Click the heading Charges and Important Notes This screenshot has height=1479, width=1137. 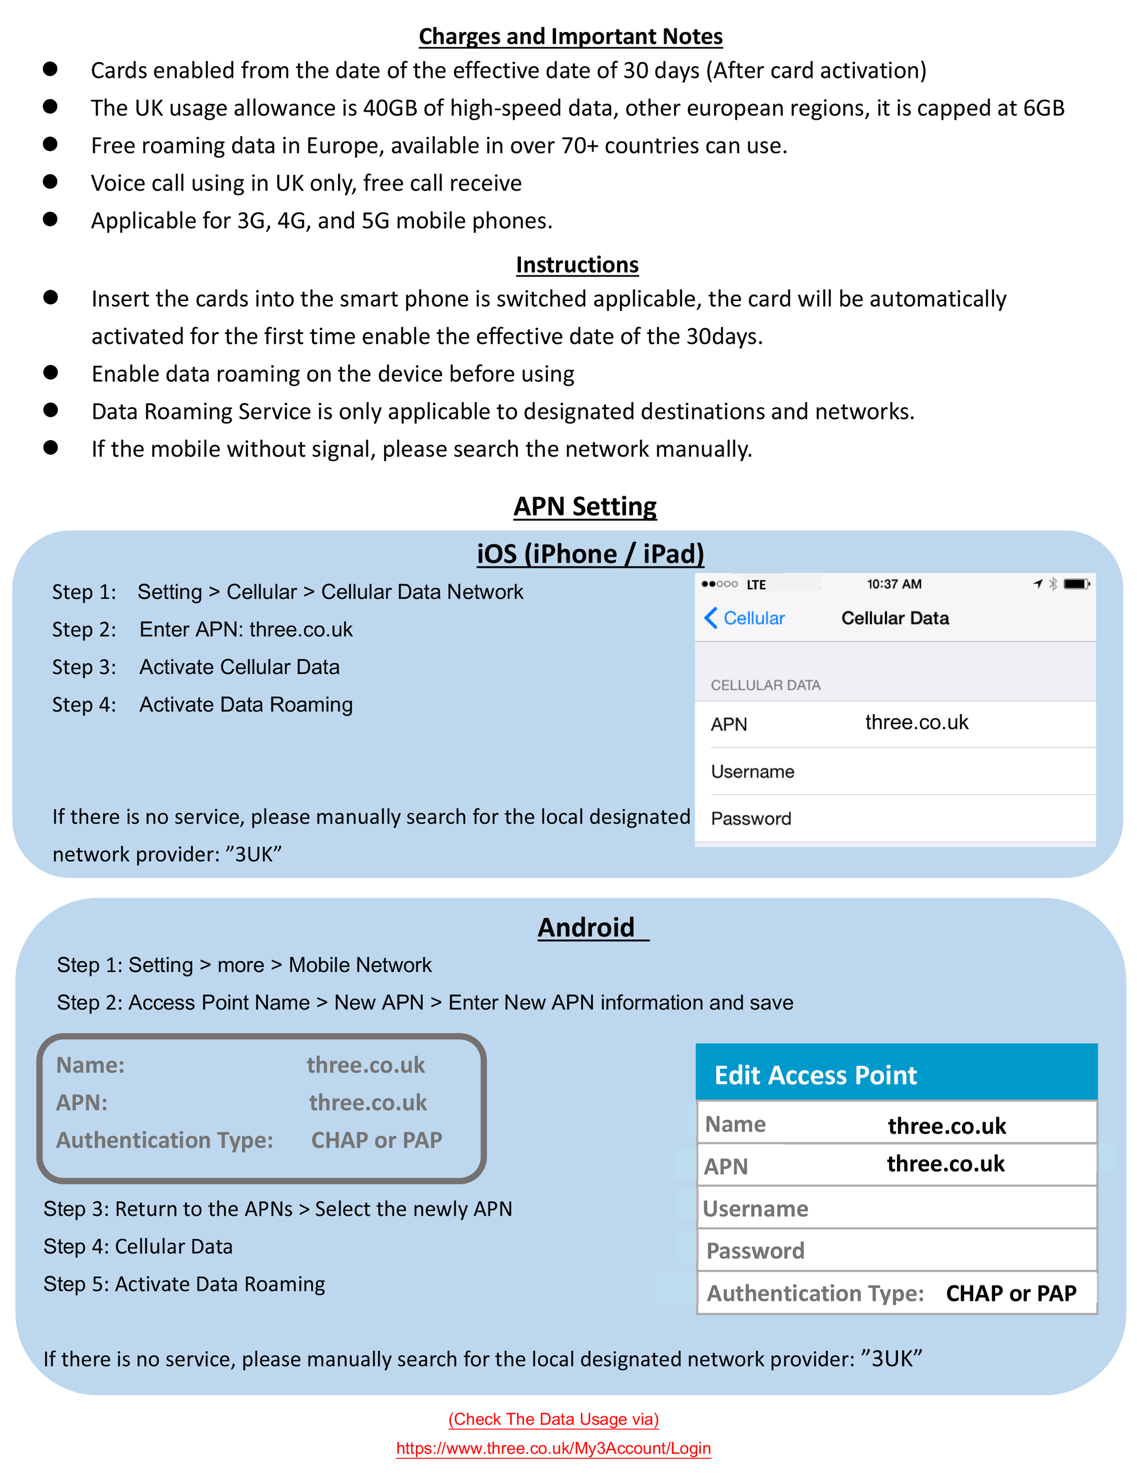point(570,37)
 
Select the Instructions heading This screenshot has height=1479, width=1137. point(576,264)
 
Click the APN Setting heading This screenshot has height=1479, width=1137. point(585,506)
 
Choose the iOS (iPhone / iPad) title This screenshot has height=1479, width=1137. point(590,553)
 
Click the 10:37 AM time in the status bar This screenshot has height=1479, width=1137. point(894,584)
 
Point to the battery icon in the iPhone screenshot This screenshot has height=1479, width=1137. point(1076,584)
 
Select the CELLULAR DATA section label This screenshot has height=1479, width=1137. point(765,686)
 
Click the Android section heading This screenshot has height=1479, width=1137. point(586,928)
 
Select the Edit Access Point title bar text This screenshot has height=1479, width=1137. point(816,1075)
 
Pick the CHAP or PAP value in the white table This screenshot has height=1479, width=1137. point(1010,1293)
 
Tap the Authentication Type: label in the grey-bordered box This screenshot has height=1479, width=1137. point(165,1140)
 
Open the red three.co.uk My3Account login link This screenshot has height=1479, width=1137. point(553,1448)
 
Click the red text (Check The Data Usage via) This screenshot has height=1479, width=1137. point(553,1419)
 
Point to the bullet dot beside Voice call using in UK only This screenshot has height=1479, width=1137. point(50,181)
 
